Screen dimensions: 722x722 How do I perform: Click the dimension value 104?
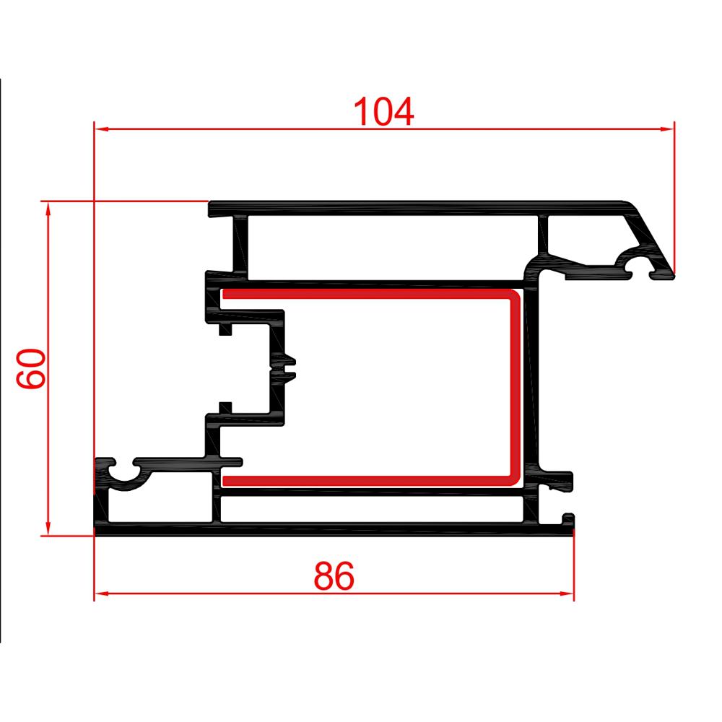tap(383, 112)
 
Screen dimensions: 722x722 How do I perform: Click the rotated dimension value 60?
tap(33, 368)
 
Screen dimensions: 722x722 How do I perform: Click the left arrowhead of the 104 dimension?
tap(101, 129)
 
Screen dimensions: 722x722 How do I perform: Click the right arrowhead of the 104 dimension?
tap(668, 129)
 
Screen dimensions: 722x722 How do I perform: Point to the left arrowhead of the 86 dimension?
tap(101, 593)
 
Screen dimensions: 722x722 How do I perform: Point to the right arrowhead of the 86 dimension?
tap(567, 593)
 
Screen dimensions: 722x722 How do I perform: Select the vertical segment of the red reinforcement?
tap(515, 386)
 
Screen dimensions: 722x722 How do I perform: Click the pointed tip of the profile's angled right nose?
tap(671, 274)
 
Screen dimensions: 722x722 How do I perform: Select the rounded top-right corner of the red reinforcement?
tap(513, 297)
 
